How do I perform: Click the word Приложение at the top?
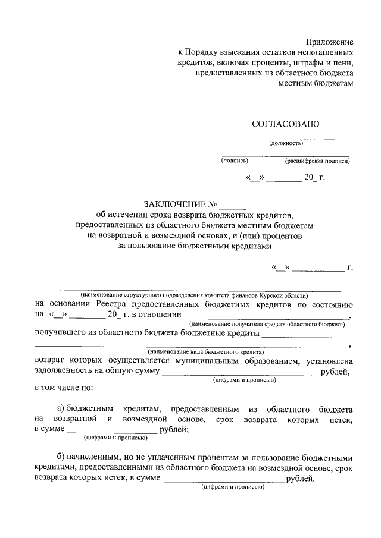pos(329,42)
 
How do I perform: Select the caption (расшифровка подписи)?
pos(317,161)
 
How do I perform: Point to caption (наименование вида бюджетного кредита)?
pos(193,352)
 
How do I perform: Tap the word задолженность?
pos(65,372)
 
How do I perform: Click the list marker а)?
pos(60,410)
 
